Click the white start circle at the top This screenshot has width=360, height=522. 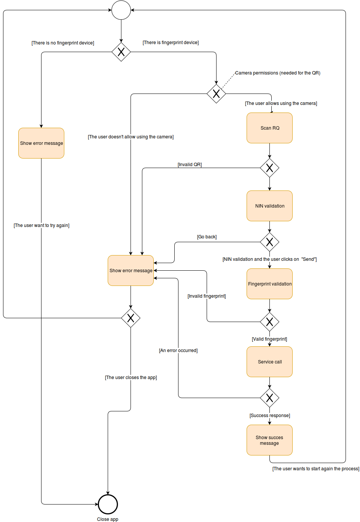click(121, 10)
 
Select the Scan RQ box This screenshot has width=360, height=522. click(269, 128)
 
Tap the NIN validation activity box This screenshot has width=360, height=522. click(269, 206)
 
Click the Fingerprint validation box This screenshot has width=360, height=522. click(269, 284)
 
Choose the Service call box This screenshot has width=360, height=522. click(269, 362)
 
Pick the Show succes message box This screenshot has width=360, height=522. click(269, 440)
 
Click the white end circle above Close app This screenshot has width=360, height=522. click(108, 505)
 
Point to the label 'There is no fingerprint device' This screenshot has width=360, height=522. click(63, 43)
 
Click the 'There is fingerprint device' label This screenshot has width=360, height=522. click(170, 43)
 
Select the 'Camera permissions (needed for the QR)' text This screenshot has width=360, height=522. click(277, 73)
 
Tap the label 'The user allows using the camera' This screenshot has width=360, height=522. click(281, 103)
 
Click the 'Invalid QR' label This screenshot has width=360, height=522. click(190, 165)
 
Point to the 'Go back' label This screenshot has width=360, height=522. click(207, 237)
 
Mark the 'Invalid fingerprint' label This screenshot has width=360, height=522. click(207, 296)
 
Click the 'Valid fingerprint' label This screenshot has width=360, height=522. click(269, 339)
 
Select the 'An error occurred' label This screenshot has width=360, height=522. click(178, 351)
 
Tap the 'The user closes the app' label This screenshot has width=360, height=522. click(131, 378)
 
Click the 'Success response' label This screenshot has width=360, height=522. click(269, 416)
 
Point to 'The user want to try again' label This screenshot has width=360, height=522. click(41, 225)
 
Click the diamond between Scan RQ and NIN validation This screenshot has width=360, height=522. click(269, 168)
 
